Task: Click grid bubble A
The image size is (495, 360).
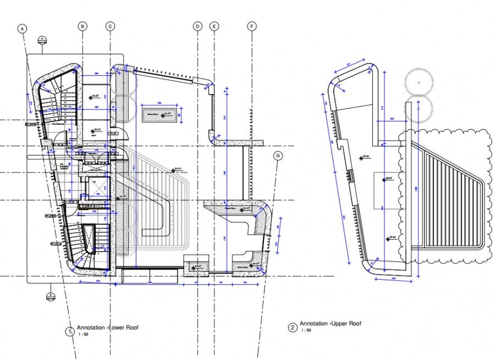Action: [x=23, y=28]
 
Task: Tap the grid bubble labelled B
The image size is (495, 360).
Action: [x=82, y=26]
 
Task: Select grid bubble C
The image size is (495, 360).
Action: [x=110, y=26]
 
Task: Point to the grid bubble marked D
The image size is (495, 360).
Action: [x=197, y=26]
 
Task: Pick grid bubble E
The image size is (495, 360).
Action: [x=215, y=26]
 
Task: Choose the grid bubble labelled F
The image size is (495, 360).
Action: [x=252, y=26]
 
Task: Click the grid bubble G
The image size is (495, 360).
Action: [x=278, y=156]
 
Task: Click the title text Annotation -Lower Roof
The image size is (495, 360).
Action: [x=107, y=327]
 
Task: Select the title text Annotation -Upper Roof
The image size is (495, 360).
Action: [x=330, y=324]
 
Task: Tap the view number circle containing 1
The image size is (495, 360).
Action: [x=70, y=331]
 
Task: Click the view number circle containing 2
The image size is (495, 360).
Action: [x=293, y=328]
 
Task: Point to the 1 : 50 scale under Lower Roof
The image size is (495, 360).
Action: [x=83, y=334]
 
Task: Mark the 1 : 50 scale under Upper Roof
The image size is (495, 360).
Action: [x=306, y=330]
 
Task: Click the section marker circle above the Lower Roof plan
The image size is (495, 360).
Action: [x=42, y=40]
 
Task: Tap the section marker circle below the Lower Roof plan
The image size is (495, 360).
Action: [x=50, y=297]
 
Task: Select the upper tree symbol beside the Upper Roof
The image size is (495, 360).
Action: [x=419, y=82]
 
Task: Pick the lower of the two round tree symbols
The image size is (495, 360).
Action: [x=419, y=108]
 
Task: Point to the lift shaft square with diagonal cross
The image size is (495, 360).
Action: [x=97, y=186]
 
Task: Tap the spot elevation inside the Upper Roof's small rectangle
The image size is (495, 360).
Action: [x=388, y=179]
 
